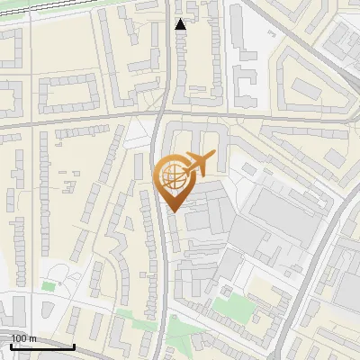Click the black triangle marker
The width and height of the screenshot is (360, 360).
[181, 24]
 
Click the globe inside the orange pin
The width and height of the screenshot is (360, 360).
[171, 174]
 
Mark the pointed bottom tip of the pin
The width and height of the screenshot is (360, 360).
[172, 211]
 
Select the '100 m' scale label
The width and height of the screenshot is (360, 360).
[23, 337]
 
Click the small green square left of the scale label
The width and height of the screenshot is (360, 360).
[48, 286]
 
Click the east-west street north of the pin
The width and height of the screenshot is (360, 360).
[90, 120]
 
